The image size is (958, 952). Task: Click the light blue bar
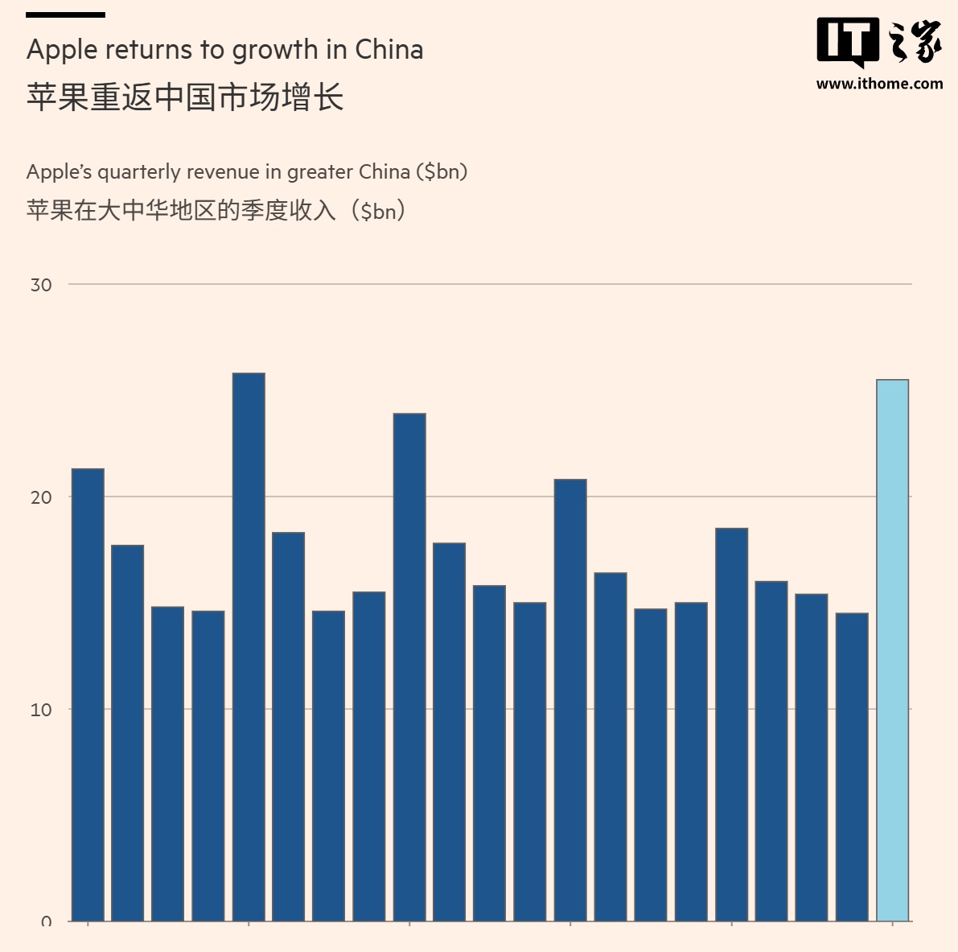[892, 650]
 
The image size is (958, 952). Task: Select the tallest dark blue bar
[249, 647]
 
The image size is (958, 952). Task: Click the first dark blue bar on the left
[88, 694]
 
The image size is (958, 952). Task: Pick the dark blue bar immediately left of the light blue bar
[852, 767]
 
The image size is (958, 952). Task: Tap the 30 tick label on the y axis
[41, 285]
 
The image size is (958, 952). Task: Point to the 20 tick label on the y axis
[41, 497]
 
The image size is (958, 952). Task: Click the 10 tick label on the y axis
[41, 710]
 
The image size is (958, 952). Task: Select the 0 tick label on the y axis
[47, 922]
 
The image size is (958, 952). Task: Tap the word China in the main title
[389, 50]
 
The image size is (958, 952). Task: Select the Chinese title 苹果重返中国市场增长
[185, 97]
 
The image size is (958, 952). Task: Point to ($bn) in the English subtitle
[442, 172]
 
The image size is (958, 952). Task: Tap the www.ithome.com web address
[879, 84]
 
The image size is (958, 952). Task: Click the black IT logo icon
[848, 41]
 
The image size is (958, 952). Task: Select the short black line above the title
[65, 14]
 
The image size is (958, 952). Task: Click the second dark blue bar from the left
[128, 733]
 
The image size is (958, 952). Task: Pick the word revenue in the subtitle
[223, 172]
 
